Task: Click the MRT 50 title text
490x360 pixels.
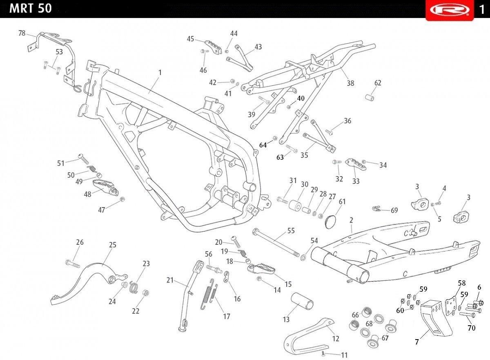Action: (x=30, y=9)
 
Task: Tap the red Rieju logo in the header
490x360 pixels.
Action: (x=450, y=10)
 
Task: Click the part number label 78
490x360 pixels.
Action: (x=22, y=33)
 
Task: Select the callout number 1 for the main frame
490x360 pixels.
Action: (x=160, y=72)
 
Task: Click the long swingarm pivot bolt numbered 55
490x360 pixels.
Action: (x=276, y=242)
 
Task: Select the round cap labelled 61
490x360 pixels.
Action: (x=330, y=222)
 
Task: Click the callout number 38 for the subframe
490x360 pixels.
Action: (x=350, y=83)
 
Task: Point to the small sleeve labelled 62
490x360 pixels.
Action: (x=370, y=97)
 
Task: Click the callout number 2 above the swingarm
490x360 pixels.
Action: (x=351, y=220)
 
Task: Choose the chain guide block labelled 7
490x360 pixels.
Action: (x=435, y=318)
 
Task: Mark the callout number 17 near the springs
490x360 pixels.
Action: (x=227, y=316)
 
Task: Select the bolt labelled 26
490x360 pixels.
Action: (x=73, y=264)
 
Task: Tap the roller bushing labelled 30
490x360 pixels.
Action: (x=295, y=205)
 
